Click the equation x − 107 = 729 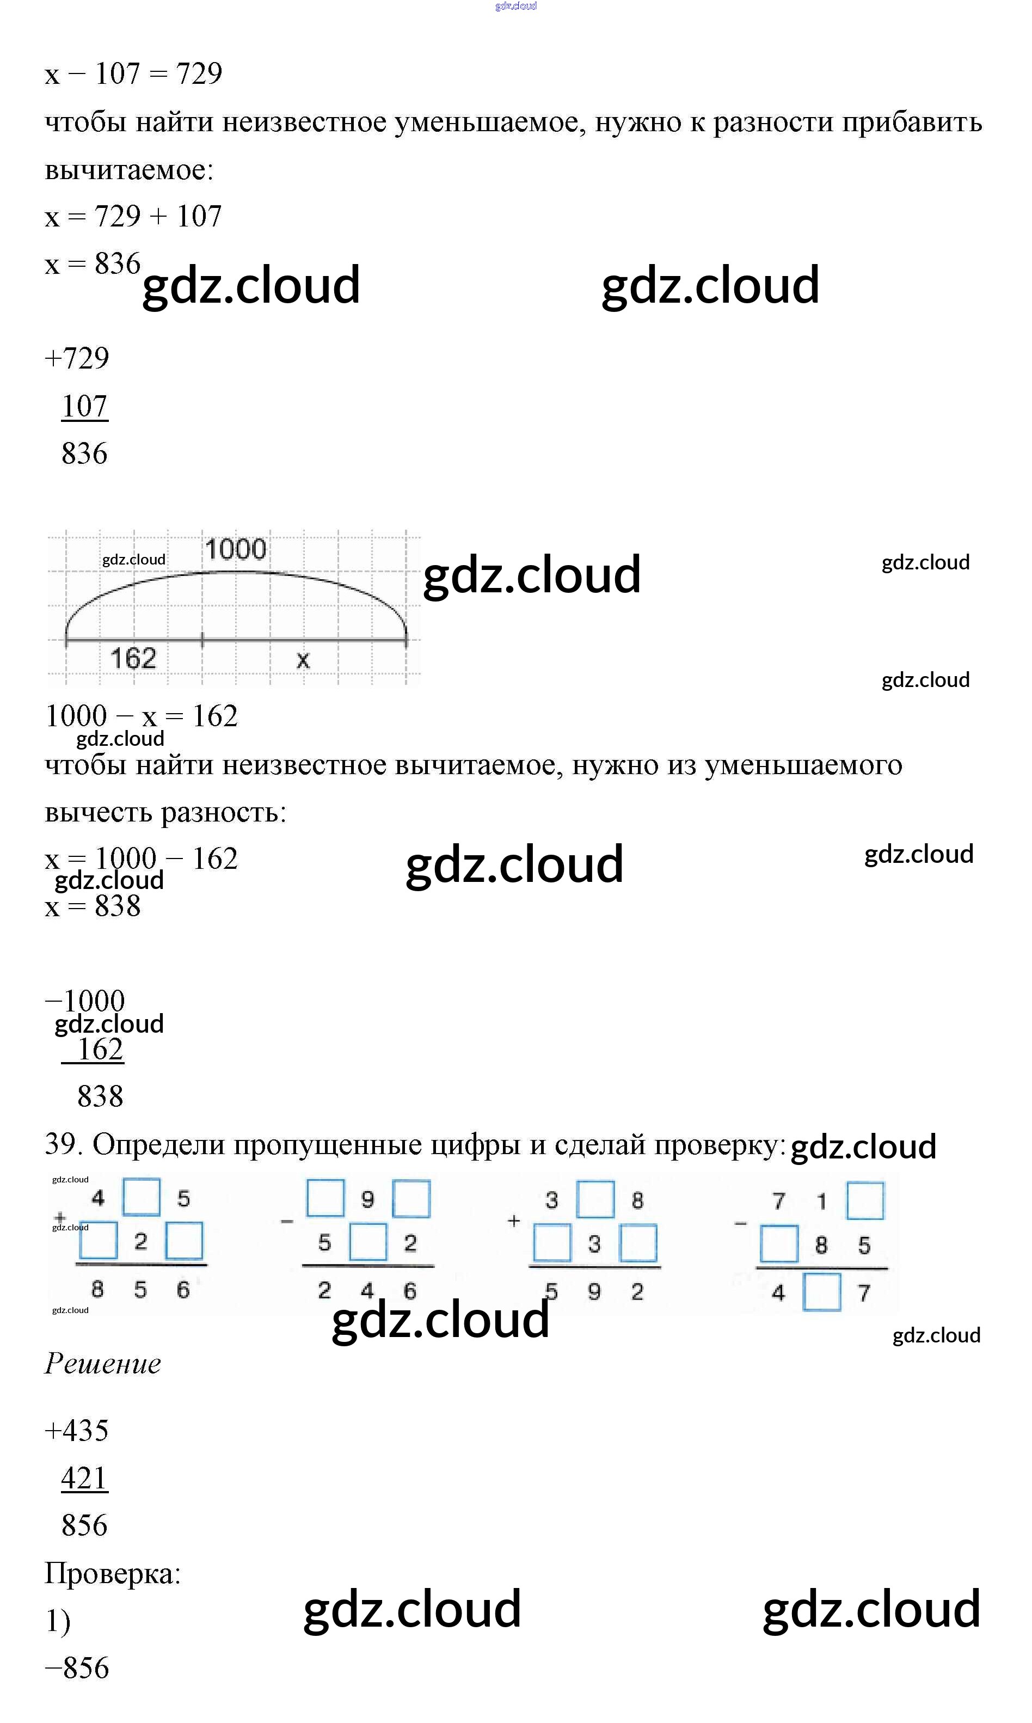[133, 73]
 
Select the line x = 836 [93, 263]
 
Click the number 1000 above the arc [236, 549]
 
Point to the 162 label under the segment [133, 658]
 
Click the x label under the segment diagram [303, 660]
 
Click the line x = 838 [93, 906]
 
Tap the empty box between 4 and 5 [141, 1197]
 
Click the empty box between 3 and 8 [595, 1199]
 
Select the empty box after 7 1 [865, 1200]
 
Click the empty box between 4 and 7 [822, 1292]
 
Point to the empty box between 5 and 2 [368, 1242]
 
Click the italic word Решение [103, 1364]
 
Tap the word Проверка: [113, 1573]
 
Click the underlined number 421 [84, 1478]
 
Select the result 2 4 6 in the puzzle [367, 1291]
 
